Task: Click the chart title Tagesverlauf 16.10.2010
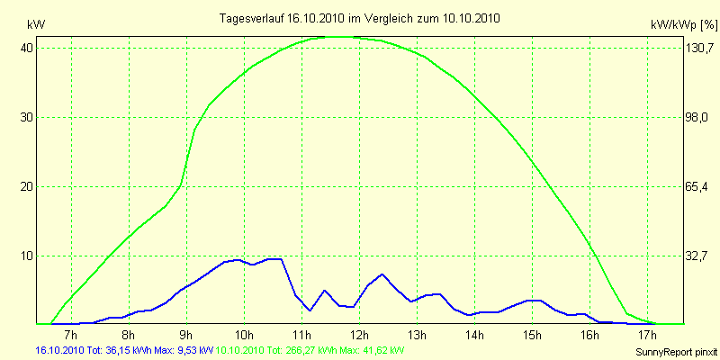click(360, 18)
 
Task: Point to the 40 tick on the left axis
click(27, 48)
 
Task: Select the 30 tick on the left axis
click(27, 117)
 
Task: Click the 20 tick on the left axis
click(27, 186)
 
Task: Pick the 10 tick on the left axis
click(27, 256)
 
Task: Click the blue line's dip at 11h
click(310, 310)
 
